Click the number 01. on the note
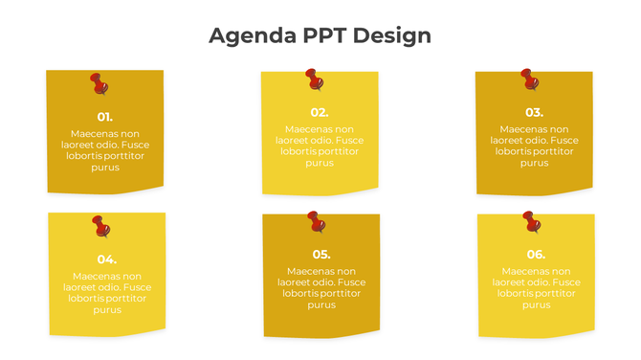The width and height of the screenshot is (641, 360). (105, 117)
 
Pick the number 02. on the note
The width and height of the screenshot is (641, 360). (320, 112)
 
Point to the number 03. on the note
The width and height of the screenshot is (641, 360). (534, 112)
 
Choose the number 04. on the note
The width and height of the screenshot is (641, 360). (107, 259)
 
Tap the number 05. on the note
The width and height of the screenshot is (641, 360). (321, 254)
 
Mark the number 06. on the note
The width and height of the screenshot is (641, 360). (536, 254)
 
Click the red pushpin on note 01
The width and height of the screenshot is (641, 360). (99, 83)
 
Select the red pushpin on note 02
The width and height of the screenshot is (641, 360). (314, 79)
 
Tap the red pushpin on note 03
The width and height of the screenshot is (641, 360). (529, 79)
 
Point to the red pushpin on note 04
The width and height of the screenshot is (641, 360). (100, 226)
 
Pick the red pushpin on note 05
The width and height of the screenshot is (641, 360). (316, 221)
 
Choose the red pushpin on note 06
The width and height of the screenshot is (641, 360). (531, 223)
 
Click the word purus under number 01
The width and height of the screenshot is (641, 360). (105, 168)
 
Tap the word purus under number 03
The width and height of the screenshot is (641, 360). (534, 163)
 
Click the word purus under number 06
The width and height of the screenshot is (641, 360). (536, 304)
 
